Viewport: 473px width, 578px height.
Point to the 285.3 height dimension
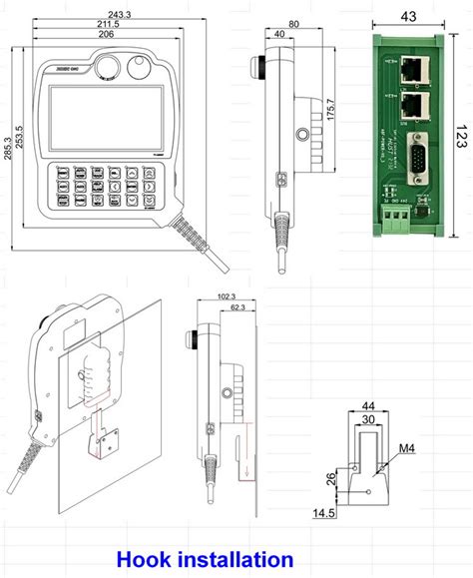click(x=7, y=147)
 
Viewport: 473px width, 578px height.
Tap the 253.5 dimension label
click(x=19, y=147)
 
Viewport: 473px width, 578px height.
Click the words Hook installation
click(x=205, y=559)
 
